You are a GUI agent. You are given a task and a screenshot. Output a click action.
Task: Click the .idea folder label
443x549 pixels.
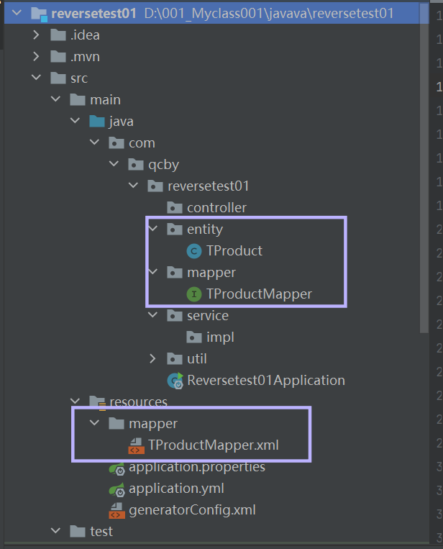[x=85, y=35]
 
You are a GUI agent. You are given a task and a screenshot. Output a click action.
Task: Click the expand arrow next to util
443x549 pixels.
[x=152, y=358]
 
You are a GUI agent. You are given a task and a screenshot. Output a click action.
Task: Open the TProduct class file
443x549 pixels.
[x=234, y=251]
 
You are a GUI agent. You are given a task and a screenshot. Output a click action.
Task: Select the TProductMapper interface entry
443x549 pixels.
[x=259, y=294]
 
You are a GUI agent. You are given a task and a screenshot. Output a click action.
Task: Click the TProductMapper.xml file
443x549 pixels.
[x=213, y=445]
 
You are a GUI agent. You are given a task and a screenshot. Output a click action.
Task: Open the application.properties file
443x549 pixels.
[x=196, y=467]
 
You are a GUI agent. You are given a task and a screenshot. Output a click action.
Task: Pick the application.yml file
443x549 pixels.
[x=176, y=489]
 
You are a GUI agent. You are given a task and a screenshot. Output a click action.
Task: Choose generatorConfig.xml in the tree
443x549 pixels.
[x=192, y=510]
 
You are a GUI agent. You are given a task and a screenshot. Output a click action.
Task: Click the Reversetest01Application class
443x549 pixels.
[x=265, y=380]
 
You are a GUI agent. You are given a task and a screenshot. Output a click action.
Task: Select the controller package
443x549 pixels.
[x=216, y=208]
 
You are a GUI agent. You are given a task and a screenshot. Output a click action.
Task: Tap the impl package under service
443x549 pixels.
[x=220, y=337]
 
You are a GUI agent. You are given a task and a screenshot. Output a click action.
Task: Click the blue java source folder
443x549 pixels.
[x=121, y=122]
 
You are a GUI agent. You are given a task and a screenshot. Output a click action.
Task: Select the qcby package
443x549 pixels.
[x=163, y=165]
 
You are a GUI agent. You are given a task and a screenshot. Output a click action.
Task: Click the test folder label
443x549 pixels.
[x=101, y=532]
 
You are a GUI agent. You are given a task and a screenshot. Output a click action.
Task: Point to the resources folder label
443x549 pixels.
[x=138, y=401]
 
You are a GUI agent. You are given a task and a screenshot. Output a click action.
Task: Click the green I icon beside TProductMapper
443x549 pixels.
[x=193, y=294]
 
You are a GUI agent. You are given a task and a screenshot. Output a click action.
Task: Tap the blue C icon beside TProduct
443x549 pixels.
[x=193, y=251]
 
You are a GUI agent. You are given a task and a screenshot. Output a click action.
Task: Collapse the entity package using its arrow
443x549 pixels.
[x=152, y=230]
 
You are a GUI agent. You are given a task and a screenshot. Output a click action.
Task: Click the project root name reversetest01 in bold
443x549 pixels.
[x=93, y=14]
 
